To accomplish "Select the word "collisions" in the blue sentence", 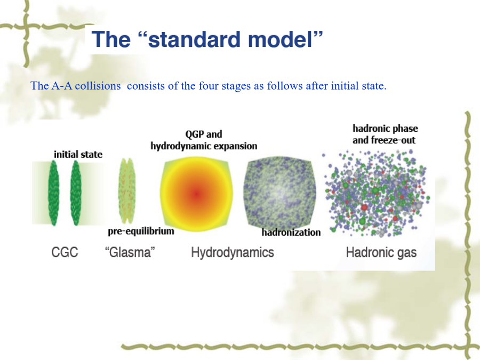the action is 98,86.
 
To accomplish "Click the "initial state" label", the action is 78,154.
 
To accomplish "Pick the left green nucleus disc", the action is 53,193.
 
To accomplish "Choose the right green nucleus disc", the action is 76,193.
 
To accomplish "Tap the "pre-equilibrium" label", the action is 141,231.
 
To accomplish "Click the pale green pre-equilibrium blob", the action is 126,191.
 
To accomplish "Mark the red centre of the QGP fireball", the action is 196,194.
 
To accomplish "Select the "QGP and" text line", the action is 204,134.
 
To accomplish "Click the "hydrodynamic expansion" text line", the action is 204,146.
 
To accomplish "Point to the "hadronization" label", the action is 291,233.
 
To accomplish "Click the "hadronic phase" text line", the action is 385,128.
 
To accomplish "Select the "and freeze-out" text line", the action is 384,140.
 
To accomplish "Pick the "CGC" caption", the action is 65,253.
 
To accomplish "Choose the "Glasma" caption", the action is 130,253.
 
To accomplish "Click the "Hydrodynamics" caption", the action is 233,253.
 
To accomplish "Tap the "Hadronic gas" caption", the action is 381,253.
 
